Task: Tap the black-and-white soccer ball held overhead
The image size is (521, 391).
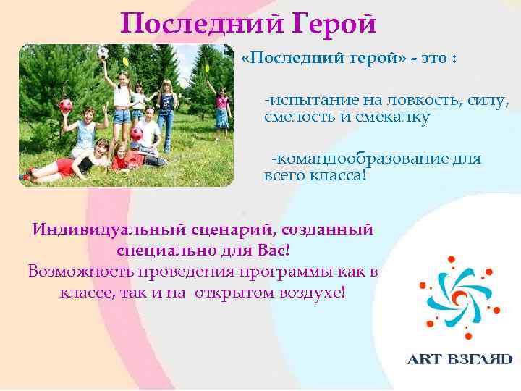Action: click(x=103, y=54)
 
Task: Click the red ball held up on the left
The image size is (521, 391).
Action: click(x=65, y=106)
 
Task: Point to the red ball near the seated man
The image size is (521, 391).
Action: click(x=136, y=134)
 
